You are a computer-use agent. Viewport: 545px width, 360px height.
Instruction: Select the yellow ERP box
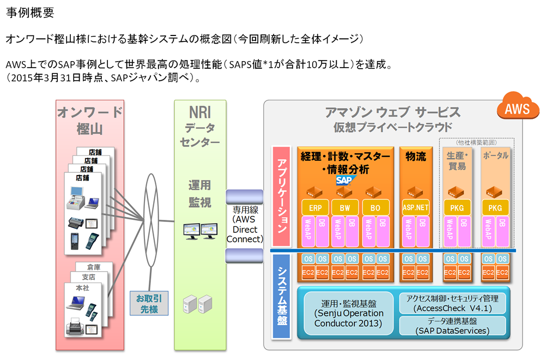315,207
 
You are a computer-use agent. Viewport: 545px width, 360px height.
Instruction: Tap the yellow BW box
345,207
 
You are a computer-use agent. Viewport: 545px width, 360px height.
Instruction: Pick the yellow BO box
376,207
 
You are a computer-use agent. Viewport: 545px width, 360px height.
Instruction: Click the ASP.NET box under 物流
416,207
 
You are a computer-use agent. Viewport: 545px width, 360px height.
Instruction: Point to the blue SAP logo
345,180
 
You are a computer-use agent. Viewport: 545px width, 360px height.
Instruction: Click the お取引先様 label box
149,303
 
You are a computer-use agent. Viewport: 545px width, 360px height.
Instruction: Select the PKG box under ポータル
495,207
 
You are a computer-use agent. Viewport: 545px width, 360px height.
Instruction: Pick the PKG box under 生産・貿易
457,207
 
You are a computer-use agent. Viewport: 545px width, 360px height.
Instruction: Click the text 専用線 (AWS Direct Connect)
245,224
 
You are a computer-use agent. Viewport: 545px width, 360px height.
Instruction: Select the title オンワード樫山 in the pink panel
90,121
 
